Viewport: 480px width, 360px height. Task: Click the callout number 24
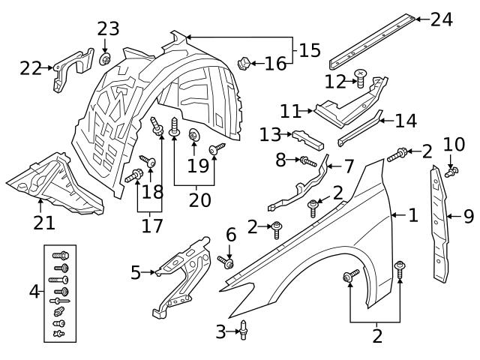441,19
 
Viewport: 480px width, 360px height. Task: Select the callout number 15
310,50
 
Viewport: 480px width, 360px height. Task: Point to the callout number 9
469,217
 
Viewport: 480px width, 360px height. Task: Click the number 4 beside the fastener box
34,290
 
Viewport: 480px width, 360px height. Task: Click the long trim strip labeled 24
371,37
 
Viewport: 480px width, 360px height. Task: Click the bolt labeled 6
227,262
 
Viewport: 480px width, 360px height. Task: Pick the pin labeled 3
244,328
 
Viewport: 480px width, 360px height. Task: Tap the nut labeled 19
193,136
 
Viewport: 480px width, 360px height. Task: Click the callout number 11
289,111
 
